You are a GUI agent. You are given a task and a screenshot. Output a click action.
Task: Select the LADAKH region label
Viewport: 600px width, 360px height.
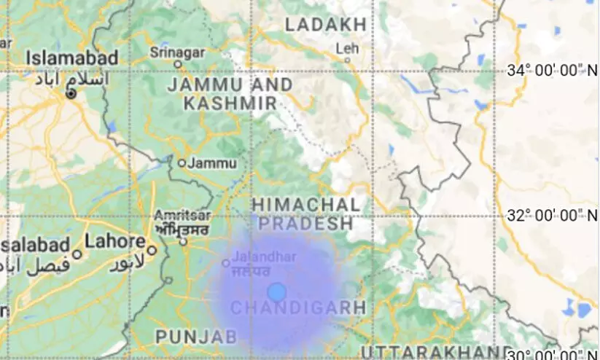[325, 25]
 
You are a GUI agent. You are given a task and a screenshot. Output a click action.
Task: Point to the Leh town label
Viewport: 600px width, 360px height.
[348, 48]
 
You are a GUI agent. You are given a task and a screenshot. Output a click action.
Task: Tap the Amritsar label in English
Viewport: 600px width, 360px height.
[182, 215]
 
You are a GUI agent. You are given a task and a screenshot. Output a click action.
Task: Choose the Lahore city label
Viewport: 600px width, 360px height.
[115, 241]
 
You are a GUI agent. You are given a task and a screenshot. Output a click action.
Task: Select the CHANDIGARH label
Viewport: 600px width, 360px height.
[298, 308]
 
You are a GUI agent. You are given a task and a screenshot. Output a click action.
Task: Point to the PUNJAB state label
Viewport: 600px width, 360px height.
[196, 337]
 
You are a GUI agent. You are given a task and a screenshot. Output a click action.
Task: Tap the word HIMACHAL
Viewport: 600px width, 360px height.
[306, 205]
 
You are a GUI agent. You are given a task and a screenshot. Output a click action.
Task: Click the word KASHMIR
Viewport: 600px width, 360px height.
[230, 103]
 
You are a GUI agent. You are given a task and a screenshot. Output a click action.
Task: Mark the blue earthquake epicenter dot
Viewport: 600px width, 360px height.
[276, 292]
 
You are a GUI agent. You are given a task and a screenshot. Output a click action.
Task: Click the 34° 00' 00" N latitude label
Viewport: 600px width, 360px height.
[551, 71]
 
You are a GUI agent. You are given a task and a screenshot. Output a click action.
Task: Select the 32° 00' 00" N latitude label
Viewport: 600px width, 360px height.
[551, 216]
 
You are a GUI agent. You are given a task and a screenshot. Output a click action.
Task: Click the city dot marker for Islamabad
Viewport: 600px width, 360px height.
[71, 94]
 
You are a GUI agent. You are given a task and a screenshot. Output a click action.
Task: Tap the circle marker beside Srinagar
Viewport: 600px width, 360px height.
[178, 64]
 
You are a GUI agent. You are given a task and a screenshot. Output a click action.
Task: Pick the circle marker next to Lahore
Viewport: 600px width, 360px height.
[152, 250]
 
